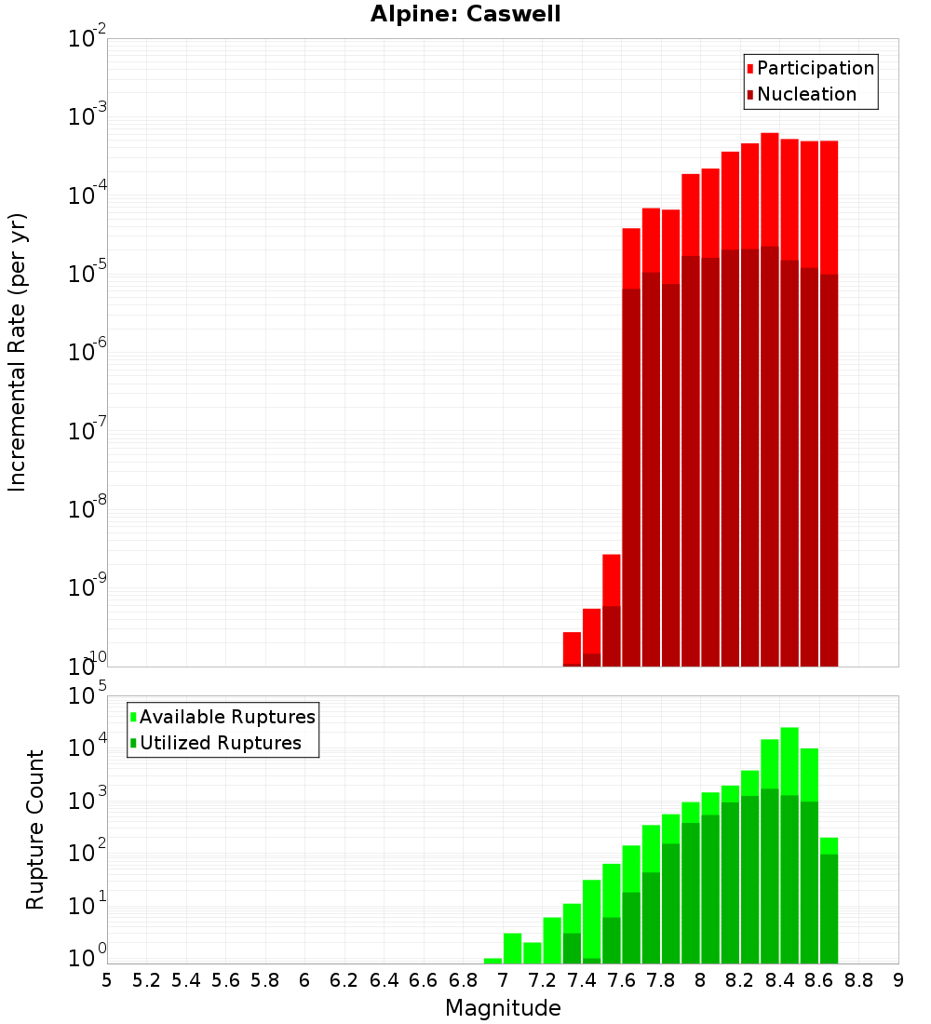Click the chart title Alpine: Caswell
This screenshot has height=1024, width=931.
pyautogui.click(x=465, y=15)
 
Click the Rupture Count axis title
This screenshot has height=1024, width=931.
pyautogui.click(x=35, y=829)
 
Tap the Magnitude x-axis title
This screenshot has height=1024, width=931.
pyautogui.click(x=503, y=1008)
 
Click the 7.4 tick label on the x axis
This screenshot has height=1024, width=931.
pyautogui.click(x=582, y=980)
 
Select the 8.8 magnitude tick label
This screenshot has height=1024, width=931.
pyautogui.click(x=858, y=980)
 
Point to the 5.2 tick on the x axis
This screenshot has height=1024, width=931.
pyautogui.click(x=146, y=980)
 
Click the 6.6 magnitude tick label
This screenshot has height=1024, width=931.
pyautogui.click(x=424, y=980)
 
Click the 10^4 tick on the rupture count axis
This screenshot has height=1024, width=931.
pyautogui.click(x=87, y=748)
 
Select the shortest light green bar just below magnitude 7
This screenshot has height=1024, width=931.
pyautogui.click(x=492, y=961)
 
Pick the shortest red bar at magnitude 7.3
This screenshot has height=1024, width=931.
pyautogui.click(x=572, y=648)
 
